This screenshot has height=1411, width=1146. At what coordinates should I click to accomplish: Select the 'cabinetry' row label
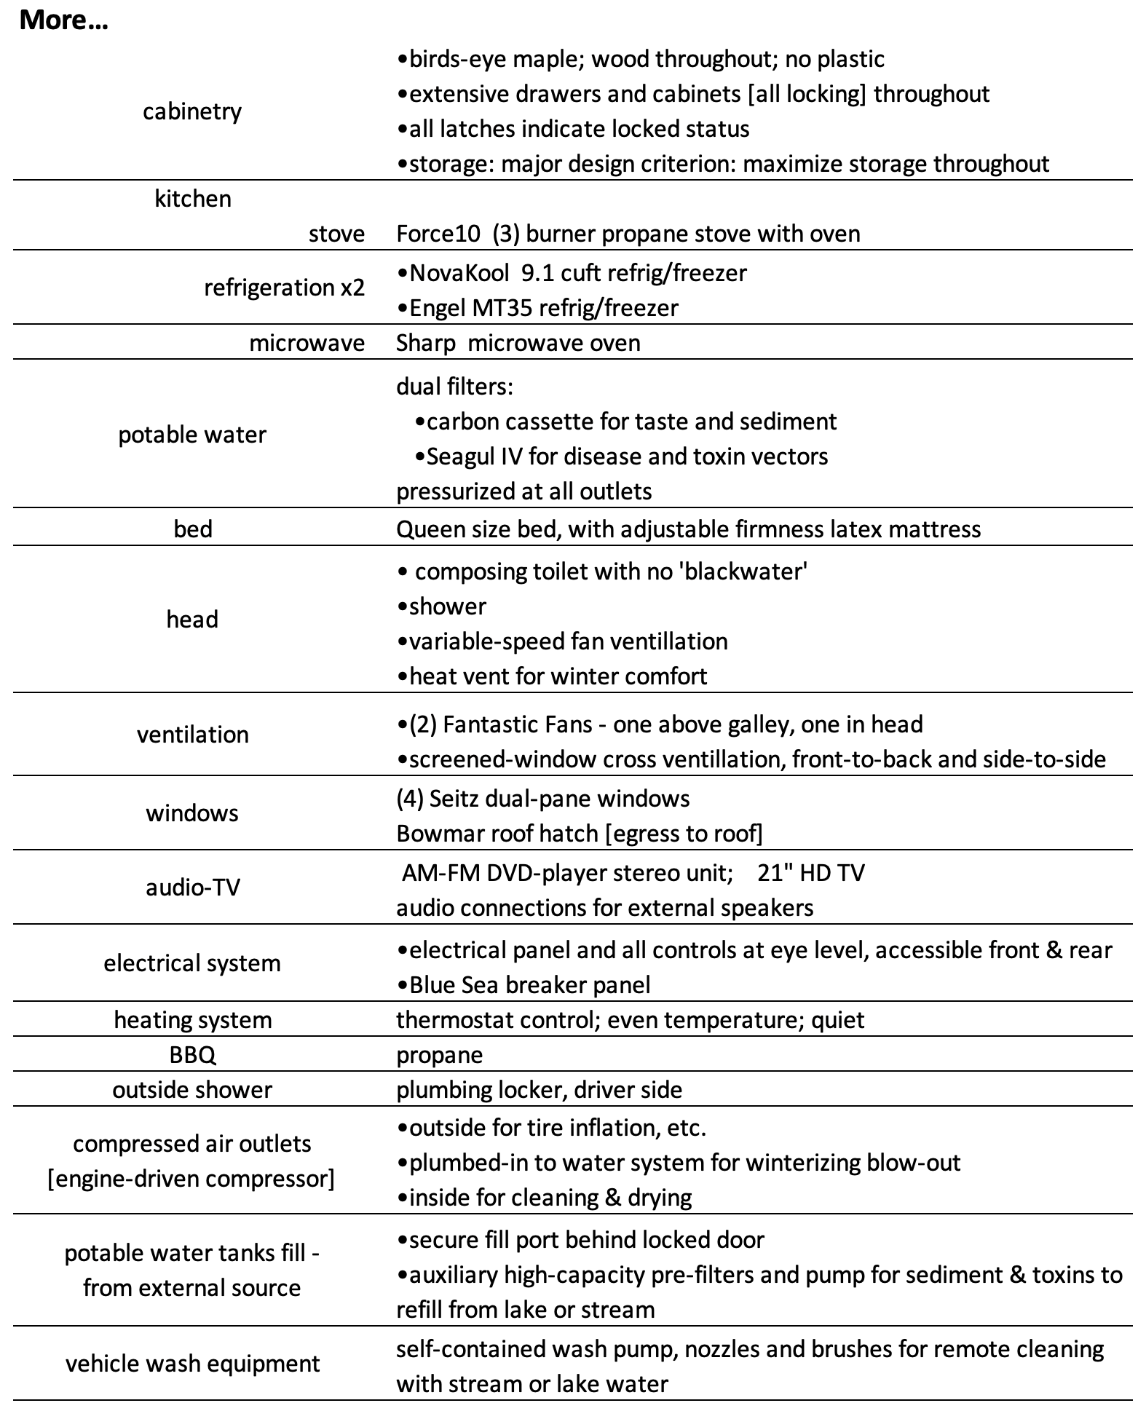192,111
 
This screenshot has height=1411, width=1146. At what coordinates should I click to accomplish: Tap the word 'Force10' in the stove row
438,234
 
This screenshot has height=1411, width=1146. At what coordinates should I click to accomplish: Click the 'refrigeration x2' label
284,288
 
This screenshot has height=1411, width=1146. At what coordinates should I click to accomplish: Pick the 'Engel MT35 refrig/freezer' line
537,308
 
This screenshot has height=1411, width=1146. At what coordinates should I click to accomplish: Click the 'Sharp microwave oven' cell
518,343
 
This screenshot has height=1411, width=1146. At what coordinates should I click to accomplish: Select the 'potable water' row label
192,435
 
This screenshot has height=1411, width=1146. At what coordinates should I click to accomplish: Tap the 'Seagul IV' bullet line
621,456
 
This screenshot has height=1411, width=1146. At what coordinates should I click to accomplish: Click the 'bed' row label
193,529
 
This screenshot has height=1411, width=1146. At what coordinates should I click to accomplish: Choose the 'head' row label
192,620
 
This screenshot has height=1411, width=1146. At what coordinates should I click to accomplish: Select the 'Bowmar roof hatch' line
579,834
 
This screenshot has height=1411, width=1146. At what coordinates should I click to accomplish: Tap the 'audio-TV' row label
193,888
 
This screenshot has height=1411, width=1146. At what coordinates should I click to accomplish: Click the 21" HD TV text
810,873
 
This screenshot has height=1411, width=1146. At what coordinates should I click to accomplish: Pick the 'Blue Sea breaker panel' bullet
524,985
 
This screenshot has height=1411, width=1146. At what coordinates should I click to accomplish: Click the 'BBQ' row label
193,1055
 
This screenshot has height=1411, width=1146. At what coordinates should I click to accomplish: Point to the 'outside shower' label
192,1090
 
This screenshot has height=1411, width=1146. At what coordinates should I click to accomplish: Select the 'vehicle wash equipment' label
192,1364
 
